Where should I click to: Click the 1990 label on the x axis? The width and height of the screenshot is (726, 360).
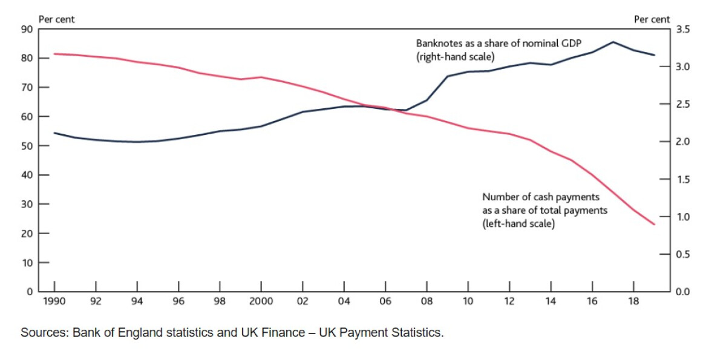point(54,301)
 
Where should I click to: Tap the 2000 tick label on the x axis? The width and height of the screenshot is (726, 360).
point(261,301)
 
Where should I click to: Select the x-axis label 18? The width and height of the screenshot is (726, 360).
point(633,301)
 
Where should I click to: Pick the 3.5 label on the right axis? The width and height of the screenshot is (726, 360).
point(682,29)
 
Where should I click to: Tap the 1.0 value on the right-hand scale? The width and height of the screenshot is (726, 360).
point(682,217)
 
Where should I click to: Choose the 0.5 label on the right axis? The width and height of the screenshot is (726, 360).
point(682,254)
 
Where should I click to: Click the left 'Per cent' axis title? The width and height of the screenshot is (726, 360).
point(57,19)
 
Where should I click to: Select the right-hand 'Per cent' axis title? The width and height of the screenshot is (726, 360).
point(652,19)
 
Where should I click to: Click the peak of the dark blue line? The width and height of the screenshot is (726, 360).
point(613,42)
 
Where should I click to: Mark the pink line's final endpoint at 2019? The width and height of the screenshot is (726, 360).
point(654,224)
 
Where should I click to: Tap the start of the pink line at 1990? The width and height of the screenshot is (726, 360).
point(54,54)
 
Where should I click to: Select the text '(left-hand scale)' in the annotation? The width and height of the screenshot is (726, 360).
point(518,224)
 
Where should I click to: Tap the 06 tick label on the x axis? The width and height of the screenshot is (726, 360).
point(385,301)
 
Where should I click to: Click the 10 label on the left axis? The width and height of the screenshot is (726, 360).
point(28,263)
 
